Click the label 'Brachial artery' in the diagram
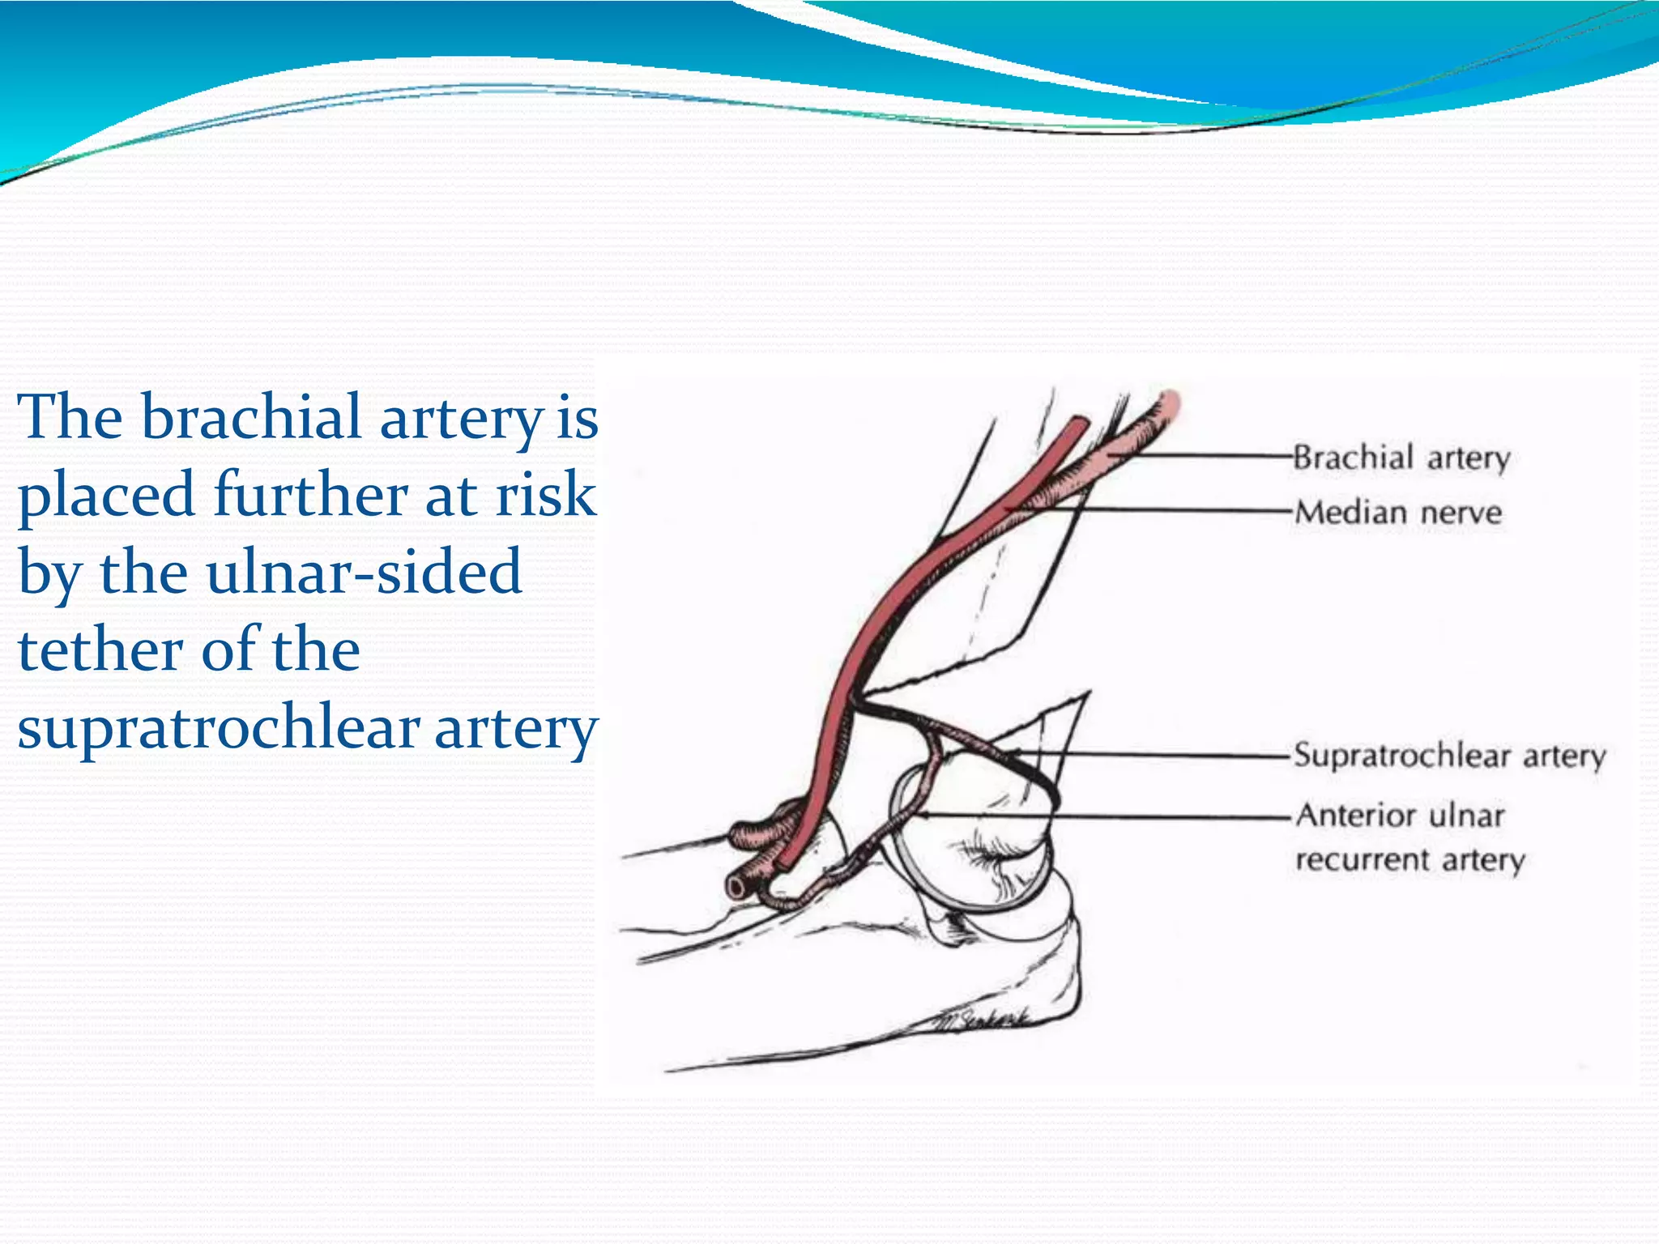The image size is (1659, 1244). (1401, 458)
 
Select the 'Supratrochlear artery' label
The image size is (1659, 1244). (1449, 756)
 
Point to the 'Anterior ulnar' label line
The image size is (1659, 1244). (1400, 816)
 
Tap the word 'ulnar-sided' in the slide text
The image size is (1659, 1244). (364, 572)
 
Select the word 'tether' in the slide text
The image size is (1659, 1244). (101, 650)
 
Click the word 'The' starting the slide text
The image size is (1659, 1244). (70, 418)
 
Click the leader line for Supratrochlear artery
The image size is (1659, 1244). (1150, 755)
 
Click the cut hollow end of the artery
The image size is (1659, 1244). (736, 887)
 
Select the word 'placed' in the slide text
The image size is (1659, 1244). (106, 496)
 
